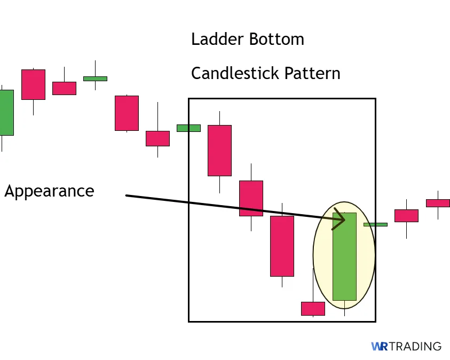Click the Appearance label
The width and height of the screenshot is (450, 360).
[x=49, y=191]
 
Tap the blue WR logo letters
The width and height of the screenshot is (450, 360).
[x=379, y=347]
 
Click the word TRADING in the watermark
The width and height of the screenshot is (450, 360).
[x=415, y=347]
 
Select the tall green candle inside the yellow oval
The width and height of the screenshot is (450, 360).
[x=344, y=256]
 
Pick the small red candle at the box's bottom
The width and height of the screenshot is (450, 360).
[x=313, y=308]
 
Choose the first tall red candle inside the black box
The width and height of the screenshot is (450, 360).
[x=219, y=150]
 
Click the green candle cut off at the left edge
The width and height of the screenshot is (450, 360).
[x=6, y=112]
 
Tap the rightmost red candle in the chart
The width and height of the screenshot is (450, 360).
[x=438, y=203]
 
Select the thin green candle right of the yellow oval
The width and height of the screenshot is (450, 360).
[x=375, y=224]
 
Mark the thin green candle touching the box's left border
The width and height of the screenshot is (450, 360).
[x=188, y=128]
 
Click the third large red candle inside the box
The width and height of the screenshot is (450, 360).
[x=282, y=246]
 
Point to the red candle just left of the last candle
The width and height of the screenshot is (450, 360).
[x=406, y=215]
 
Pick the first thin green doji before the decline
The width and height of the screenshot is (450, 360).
[x=95, y=79]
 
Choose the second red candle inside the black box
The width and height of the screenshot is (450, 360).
[x=251, y=198]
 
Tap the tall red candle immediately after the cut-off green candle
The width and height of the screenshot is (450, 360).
[x=33, y=84]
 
